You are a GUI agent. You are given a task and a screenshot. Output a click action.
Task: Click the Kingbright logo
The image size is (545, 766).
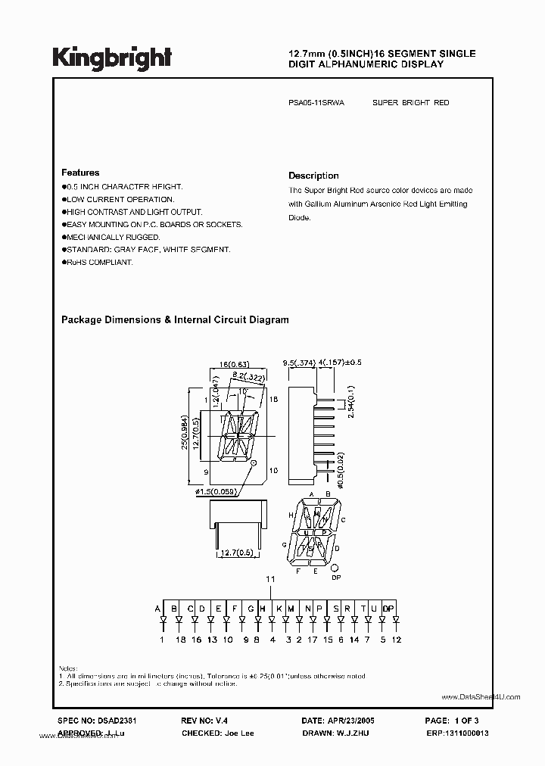point(111,58)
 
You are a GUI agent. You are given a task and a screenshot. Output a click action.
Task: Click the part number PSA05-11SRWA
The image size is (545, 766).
point(317,102)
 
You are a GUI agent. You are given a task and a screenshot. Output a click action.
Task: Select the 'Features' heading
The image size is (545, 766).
point(79,173)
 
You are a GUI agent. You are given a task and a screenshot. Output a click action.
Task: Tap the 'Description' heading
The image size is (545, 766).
point(313,176)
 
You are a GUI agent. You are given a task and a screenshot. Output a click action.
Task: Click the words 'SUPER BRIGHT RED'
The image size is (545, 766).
point(410,102)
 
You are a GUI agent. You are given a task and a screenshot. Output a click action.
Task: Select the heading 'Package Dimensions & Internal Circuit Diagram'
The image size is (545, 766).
point(174,320)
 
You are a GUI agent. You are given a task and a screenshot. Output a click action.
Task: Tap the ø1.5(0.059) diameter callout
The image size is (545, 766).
point(216,493)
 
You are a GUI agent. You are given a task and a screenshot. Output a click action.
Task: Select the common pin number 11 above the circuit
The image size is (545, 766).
point(269,579)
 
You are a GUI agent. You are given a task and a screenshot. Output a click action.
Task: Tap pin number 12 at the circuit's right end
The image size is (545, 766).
point(396,640)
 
